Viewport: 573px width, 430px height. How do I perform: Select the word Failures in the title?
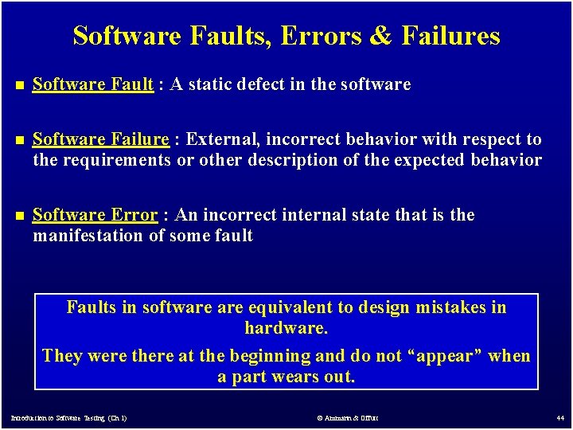[x=450, y=37]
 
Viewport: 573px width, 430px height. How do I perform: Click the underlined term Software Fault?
[x=92, y=84]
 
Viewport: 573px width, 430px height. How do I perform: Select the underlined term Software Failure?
[x=100, y=139]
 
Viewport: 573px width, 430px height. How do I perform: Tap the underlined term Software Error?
[x=95, y=215]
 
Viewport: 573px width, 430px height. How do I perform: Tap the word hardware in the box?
[x=285, y=328]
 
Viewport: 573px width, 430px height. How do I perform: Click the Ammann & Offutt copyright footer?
[x=347, y=418]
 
